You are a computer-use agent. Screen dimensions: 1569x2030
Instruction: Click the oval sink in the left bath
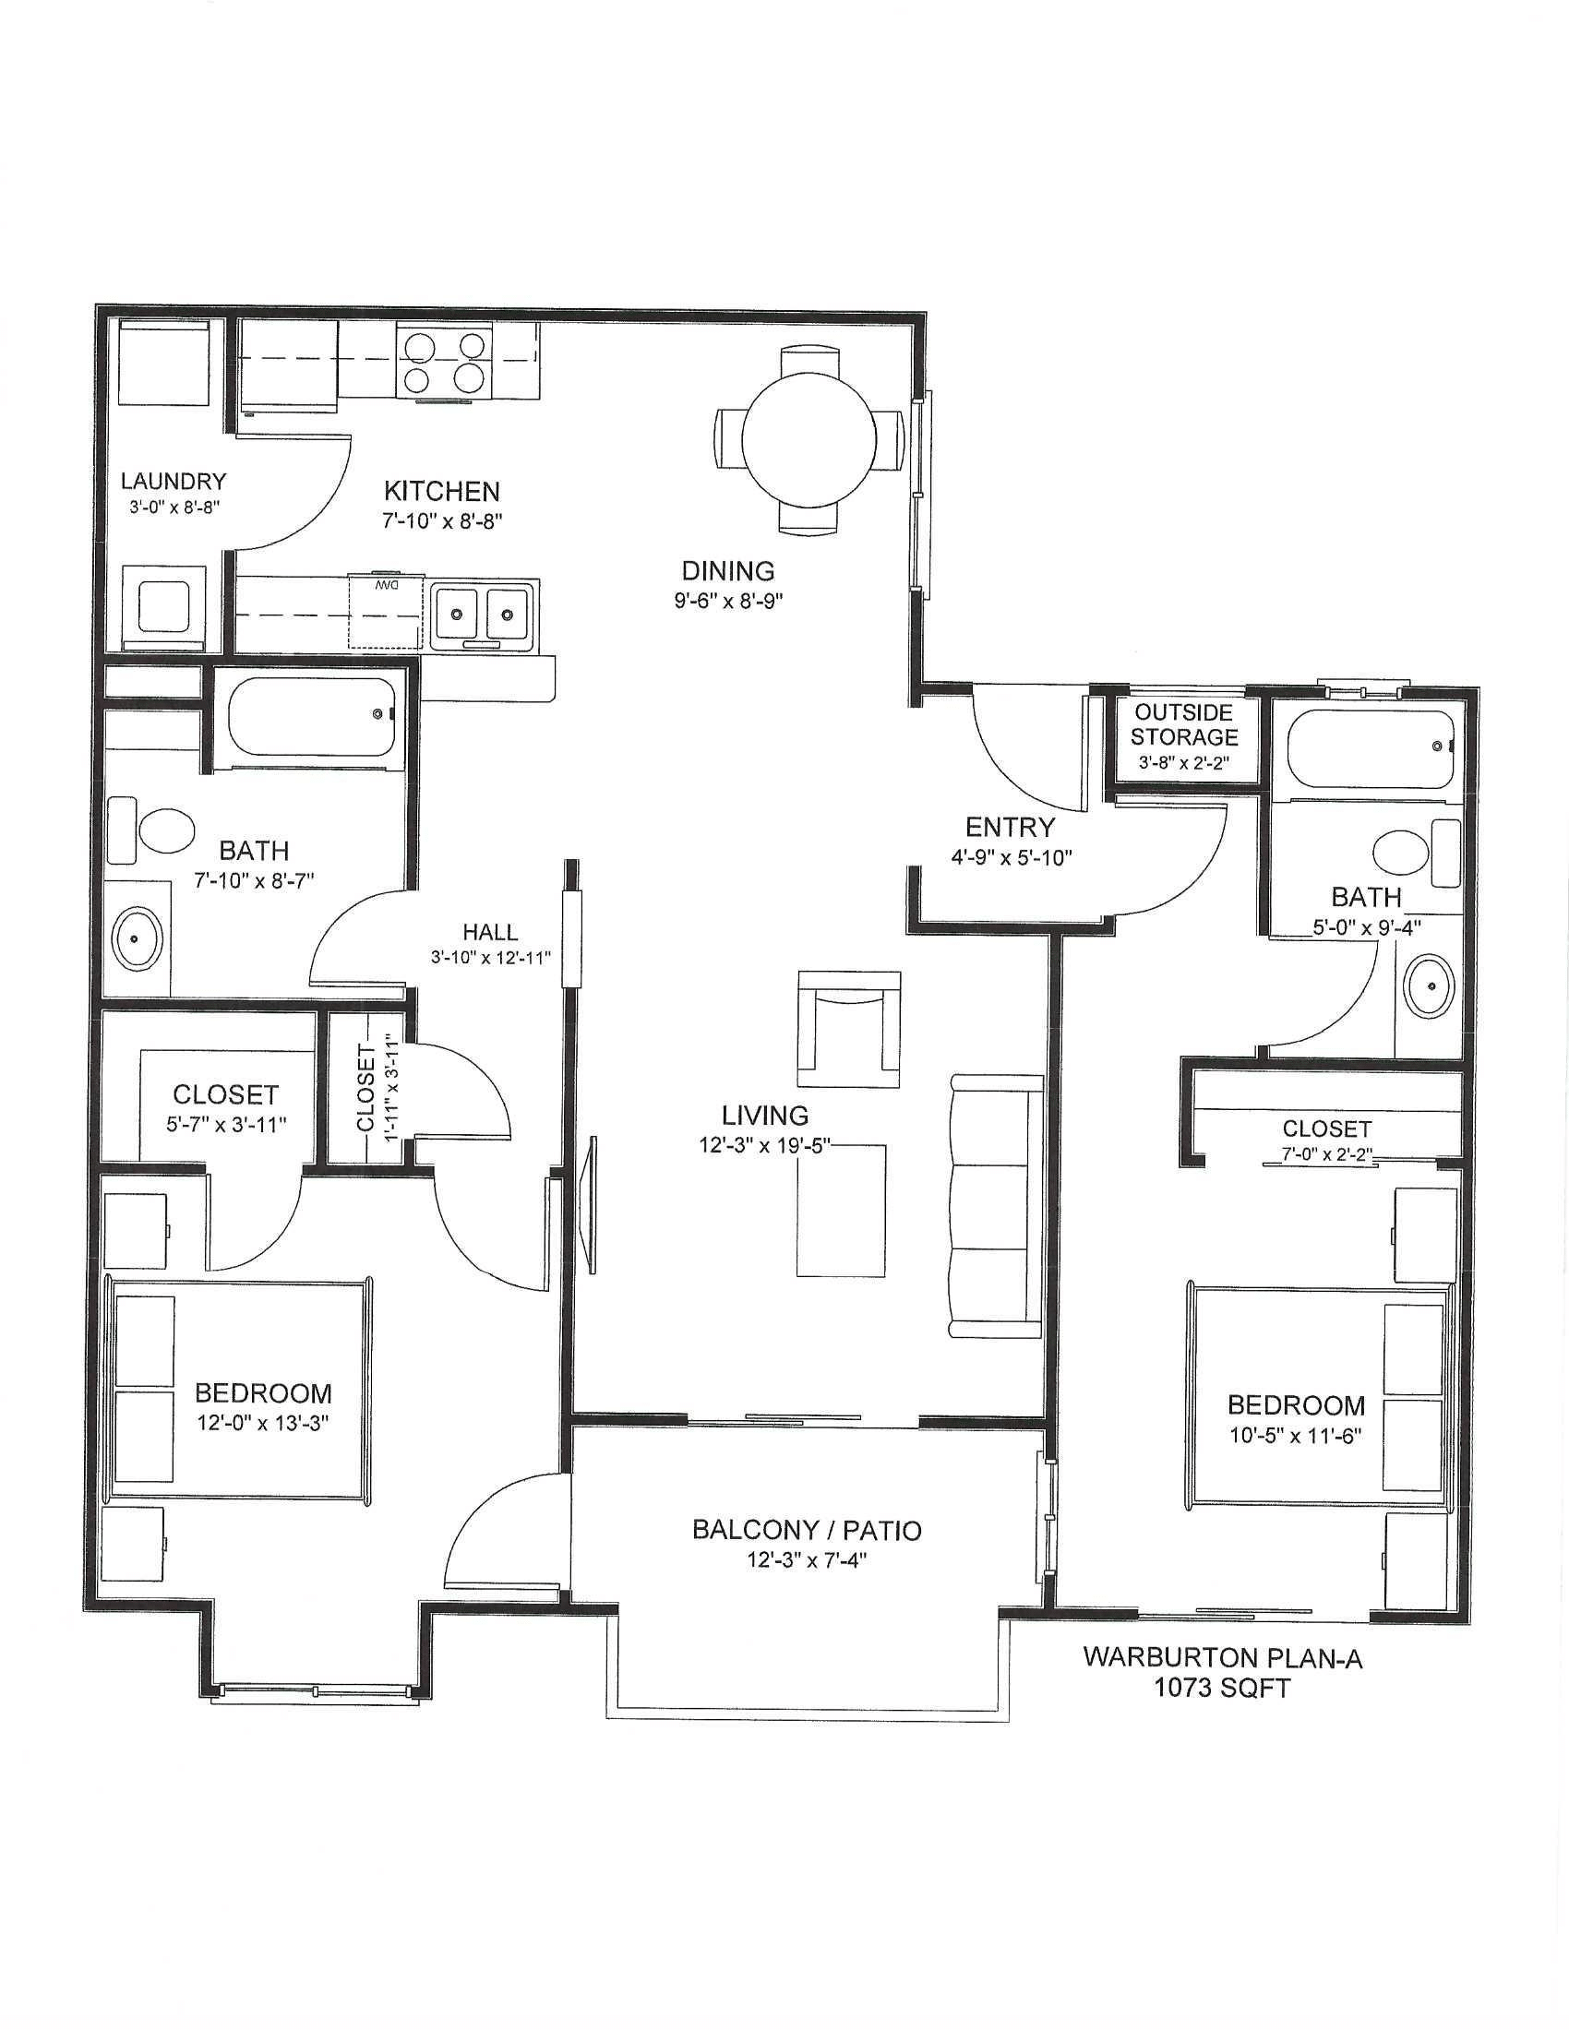[138, 937]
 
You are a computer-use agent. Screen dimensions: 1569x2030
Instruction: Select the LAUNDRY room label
[174, 482]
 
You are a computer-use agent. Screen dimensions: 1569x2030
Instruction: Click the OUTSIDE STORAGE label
[1184, 725]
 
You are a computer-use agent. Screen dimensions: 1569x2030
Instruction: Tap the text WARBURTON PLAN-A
[1222, 1658]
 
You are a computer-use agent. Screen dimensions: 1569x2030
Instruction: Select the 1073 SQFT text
[1222, 1688]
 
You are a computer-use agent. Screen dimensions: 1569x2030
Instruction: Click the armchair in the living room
[848, 1029]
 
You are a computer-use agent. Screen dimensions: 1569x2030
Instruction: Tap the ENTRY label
[1011, 827]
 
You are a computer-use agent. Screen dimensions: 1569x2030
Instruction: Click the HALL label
[491, 931]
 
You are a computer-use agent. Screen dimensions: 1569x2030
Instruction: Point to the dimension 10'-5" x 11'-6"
[1296, 1435]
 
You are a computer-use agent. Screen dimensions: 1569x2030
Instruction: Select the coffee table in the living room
[840, 1212]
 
